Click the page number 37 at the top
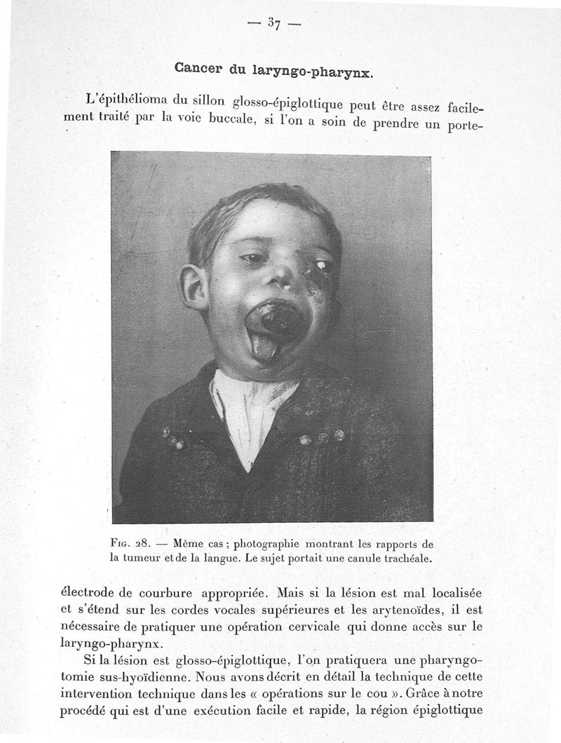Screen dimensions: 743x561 pyautogui.click(x=273, y=24)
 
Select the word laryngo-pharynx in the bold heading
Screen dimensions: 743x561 pyautogui.click(x=322, y=71)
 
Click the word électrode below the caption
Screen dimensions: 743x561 pyautogui.click(x=90, y=592)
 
